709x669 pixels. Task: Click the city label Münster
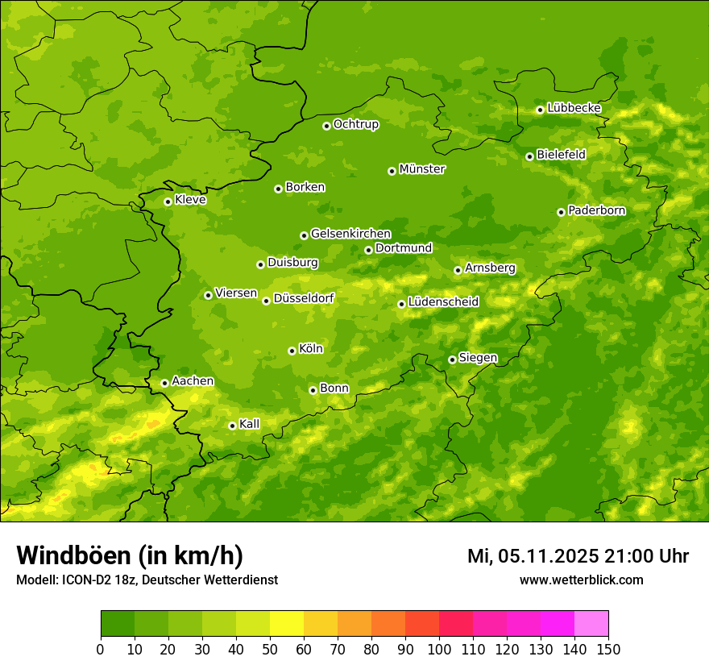422,169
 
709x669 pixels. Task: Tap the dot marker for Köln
292,351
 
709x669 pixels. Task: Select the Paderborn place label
596,210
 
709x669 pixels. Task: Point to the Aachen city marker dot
164,383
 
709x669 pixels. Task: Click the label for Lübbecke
574,108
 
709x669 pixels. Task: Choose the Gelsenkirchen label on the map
350,234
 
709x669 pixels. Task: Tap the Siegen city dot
452,359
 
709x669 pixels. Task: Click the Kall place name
249,424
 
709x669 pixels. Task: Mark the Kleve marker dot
168,202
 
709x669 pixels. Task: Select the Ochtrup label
355,124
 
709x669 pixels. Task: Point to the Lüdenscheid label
443,302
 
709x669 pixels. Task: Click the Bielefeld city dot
529,156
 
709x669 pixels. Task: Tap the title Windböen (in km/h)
130,555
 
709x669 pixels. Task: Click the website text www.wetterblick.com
581,580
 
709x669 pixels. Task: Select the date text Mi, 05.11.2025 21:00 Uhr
578,556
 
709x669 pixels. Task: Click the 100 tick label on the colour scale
439,649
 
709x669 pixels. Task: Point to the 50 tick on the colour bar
270,649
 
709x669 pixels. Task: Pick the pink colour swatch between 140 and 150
591,624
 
